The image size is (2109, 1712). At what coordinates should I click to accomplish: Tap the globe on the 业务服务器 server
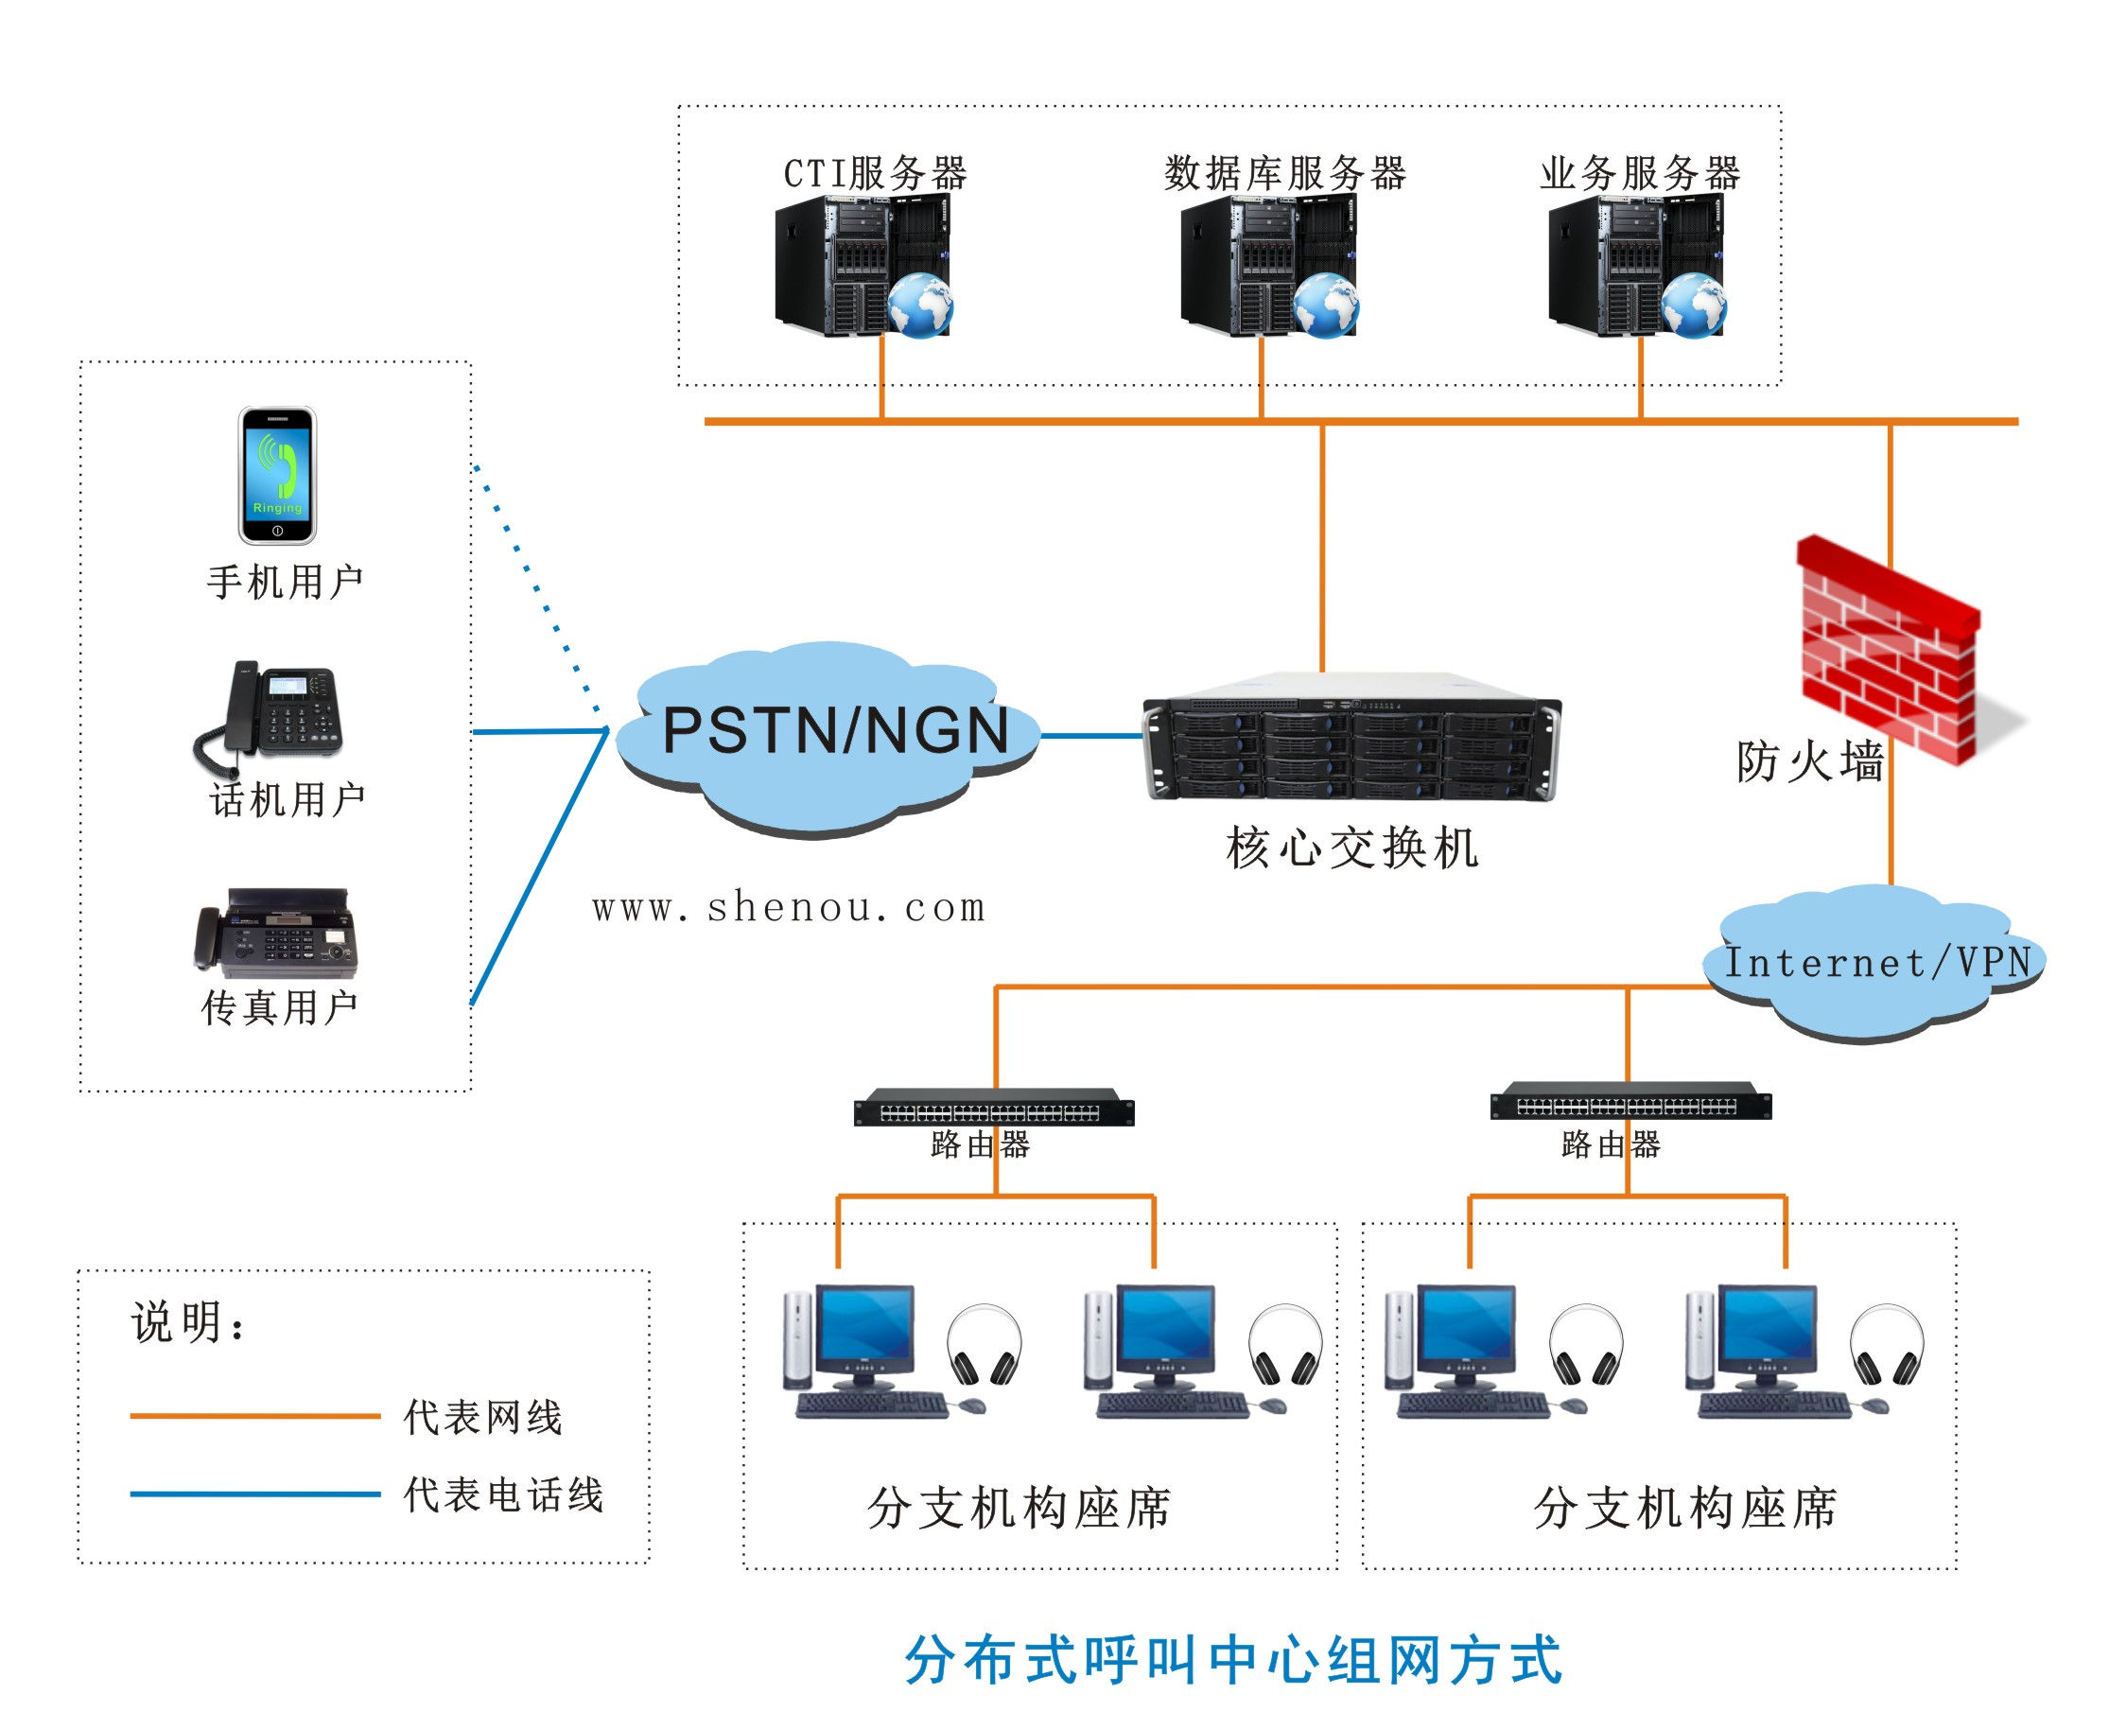pyautogui.click(x=1693, y=305)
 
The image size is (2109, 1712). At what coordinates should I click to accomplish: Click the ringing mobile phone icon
pyautogui.click(x=277, y=476)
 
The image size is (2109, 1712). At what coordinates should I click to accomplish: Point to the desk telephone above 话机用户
pyautogui.click(x=269, y=717)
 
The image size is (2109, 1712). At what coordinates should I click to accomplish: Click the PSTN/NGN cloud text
pyautogui.click(x=835, y=731)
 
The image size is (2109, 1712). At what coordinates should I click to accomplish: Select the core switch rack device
pyautogui.click(x=1351, y=737)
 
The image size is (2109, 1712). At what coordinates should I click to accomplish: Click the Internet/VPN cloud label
pyautogui.click(x=1876, y=962)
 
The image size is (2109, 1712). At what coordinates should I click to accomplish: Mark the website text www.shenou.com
pyautogui.click(x=789, y=907)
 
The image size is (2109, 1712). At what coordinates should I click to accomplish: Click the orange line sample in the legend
pyautogui.click(x=255, y=1416)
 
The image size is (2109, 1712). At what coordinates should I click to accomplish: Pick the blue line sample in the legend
pyautogui.click(x=255, y=1494)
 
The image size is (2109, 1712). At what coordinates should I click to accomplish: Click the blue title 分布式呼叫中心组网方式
pyautogui.click(x=1233, y=1661)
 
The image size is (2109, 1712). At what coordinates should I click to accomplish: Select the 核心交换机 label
pyautogui.click(x=1352, y=848)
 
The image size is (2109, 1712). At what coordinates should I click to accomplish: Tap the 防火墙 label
pyautogui.click(x=1810, y=761)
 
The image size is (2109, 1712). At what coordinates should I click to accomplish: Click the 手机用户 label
pyautogui.click(x=285, y=582)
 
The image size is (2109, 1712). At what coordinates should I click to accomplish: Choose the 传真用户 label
pyautogui.click(x=280, y=1008)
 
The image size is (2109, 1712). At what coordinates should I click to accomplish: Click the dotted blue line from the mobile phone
pyautogui.click(x=536, y=588)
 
